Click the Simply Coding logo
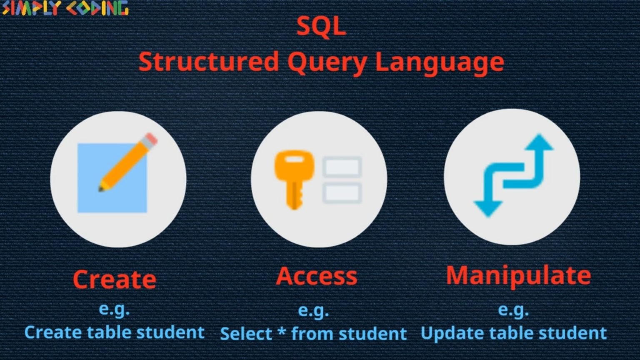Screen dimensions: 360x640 [x=65, y=8]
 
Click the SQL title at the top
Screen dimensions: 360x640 [x=321, y=27]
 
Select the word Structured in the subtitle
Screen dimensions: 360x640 [x=208, y=62]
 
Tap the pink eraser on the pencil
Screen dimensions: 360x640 [x=151, y=139]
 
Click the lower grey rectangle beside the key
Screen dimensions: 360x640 [x=342, y=193]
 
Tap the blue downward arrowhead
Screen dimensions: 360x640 [x=488, y=207]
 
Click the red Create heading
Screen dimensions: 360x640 [x=115, y=279]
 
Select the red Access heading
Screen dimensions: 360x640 [x=317, y=276]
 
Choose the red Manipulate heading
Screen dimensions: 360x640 [x=518, y=275]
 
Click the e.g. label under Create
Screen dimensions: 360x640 [x=114, y=309]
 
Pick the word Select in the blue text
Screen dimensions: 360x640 [x=246, y=334]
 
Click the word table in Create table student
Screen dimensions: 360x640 [x=114, y=332]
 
